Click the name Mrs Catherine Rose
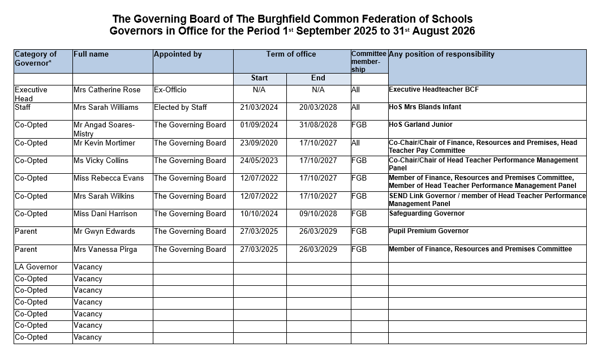coord(107,90)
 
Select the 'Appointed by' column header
coord(178,54)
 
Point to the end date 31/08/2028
coord(318,125)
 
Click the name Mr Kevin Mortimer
coord(105,143)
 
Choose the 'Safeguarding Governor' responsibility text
coord(427,213)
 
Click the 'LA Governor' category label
coord(36,267)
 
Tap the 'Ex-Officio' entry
coord(170,90)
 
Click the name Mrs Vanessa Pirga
coord(105,250)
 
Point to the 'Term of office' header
coord(291,54)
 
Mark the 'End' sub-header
coord(318,78)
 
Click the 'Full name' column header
coord(91,54)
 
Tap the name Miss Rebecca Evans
coord(109,178)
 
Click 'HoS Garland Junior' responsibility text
coord(421,125)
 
